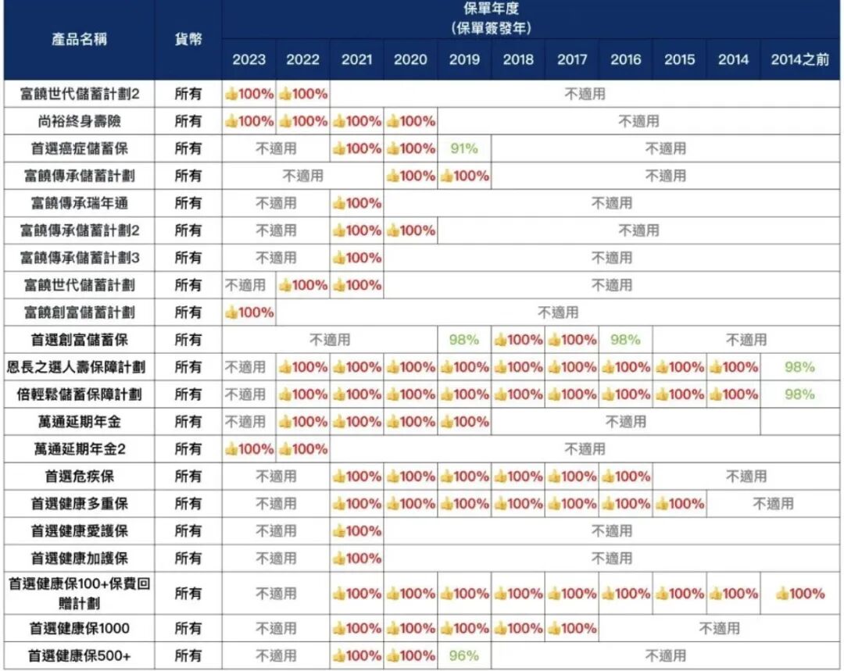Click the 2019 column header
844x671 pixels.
464,59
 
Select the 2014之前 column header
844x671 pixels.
799,59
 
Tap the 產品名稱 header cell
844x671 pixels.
79,39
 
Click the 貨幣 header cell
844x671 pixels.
188,39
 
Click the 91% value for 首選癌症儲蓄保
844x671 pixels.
463,148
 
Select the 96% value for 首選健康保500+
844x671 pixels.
463,655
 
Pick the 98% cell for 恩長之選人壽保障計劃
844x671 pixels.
799,367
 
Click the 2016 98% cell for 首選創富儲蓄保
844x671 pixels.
625,340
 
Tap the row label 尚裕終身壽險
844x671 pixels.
79,121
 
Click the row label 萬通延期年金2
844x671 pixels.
79,449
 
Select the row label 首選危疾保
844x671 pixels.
79,476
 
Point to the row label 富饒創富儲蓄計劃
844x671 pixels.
79,312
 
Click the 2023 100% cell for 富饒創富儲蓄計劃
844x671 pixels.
249,312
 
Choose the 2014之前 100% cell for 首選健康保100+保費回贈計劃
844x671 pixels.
799,594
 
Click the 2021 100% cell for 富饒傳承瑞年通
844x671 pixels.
357,203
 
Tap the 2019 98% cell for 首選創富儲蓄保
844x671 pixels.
463,340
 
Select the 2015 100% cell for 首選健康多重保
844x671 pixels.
679,504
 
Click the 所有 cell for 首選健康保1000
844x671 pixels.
188,628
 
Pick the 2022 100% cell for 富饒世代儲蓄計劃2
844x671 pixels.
303,94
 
